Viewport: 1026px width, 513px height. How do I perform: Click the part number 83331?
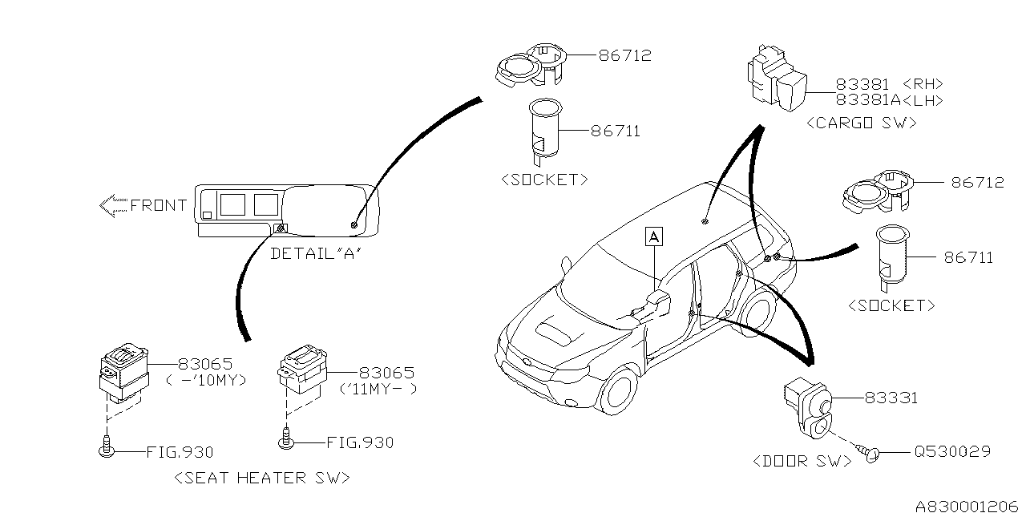pyautogui.click(x=891, y=398)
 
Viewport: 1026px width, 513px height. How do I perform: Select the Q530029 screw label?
pyautogui.click(x=951, y=452)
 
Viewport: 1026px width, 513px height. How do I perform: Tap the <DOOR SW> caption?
pyautogui.click(x=802, y=462)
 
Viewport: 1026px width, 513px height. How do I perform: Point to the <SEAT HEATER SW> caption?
pyautogui.click(x=262, y=478)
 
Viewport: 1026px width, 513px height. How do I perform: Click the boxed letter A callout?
pyautogui.click(x=655, y=236)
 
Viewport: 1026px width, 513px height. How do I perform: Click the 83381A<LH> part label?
pyautogui.click(x=889, y=100)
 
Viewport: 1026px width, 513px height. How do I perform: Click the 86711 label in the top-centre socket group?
pyautogui.click(x=615, y=131)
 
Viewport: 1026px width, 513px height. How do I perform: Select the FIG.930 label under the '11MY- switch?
pyautogui.click(x=360, y=442)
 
